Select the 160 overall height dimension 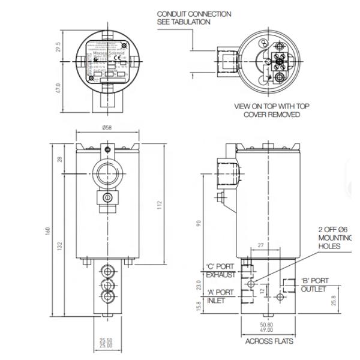47,231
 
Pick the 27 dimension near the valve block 260,245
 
